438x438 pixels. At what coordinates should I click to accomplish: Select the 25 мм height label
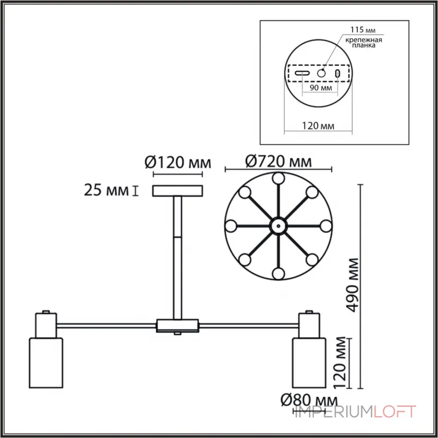[x=105, y=191]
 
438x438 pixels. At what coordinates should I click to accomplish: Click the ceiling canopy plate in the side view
[x=177, y=191]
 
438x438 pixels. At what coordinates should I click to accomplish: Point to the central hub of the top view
[x=278, y=225]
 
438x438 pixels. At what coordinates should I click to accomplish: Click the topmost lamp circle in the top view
[x=278, y=177]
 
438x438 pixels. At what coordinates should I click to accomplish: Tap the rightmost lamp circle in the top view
[x=326, y=225]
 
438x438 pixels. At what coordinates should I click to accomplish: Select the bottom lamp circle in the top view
[x=278, y=273]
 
